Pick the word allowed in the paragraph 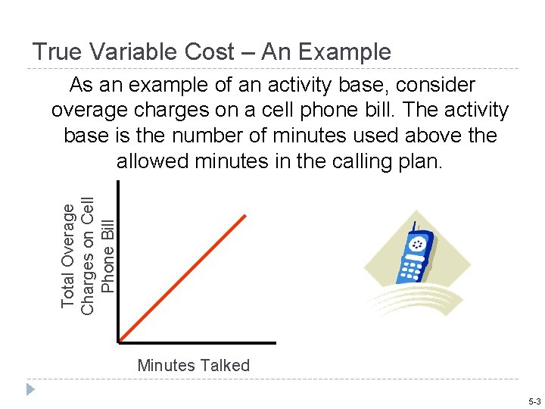[x=152, y=161]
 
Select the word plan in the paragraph [x=419, y=161]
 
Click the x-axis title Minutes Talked [x=194, y=365]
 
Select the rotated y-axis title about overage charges [x=88, y=254]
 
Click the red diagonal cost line [x=182, y=279]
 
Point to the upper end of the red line [x=246, y=216]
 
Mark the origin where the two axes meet [x=119, y=342]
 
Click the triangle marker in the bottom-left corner [x=30, y=389]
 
